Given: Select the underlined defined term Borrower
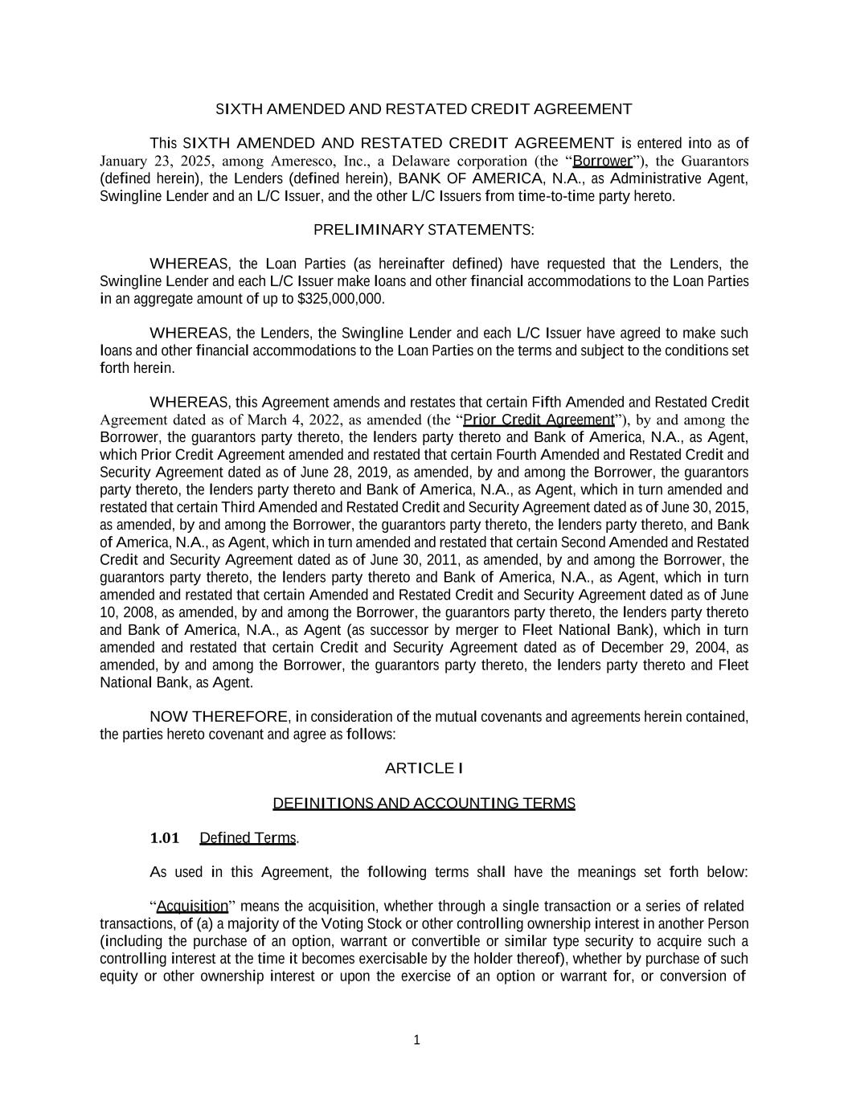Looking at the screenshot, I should click(602, 161).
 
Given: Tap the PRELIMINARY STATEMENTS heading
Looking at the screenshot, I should click(424, 230).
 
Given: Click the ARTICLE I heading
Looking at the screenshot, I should click(424, 768).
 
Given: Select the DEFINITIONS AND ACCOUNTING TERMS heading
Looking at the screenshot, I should click(424, 803).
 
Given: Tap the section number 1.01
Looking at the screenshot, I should click(165, 838).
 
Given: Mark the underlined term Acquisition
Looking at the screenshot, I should click(193, 907).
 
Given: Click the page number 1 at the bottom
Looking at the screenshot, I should click(416, 1041).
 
